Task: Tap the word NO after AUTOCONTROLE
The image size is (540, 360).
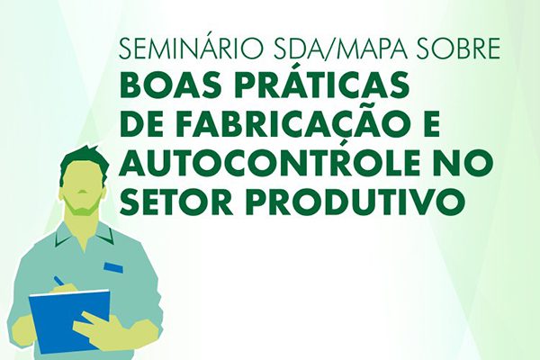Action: (x=457, y=161)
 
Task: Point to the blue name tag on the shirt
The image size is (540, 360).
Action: (x=113, y=266)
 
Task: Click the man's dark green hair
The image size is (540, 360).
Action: (x=84, y=163)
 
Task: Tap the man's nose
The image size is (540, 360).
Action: (x=82, y=192)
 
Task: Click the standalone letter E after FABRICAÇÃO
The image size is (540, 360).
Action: (x=430, y=123)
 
